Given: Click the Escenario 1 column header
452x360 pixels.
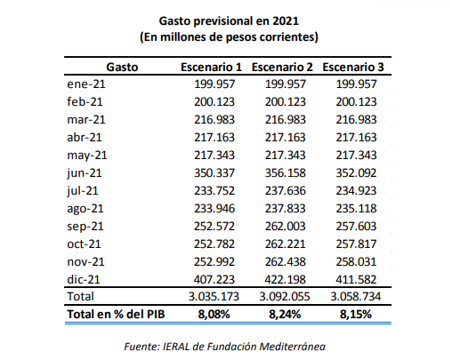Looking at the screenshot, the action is pyautogui.click(x=211, y=68).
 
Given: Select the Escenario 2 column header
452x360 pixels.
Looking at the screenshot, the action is pyautogui.click(x=282, y=68).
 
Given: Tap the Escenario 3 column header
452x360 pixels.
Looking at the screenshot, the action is pyautogui.click(x=353, y=68).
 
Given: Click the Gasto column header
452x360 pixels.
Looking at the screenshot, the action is pyautogui.click(x=122, y=68).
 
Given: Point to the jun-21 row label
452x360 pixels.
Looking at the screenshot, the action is pyautogui.click(x=85, y=173).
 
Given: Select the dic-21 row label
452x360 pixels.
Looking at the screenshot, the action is pyautogui.click(x=84, y=279).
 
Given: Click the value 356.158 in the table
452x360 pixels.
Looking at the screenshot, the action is pyautogui.click(x=285, y=173).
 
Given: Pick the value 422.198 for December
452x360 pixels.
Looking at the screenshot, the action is pyautogui.click(x=285, y=279).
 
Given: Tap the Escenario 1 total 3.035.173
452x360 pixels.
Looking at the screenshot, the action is pyautogui.click(x=214, y=296).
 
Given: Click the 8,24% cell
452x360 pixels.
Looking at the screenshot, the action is pyautogui.click(x=285, y=315).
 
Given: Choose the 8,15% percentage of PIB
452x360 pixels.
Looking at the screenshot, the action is pyautogui.click(x=356, y=315).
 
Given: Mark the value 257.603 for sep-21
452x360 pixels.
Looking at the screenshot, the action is pyautogui.click(x=356, y=227).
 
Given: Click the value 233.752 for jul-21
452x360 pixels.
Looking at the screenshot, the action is pyautogui.click(x=214, y=191).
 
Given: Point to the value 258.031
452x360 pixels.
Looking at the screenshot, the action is pyautogui.click(x=356, y=262).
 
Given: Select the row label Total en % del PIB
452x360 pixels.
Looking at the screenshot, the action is pyautogui.click(x=116, y=315).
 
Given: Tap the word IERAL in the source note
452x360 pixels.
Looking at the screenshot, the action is pyautogui.click(x=176, y=347).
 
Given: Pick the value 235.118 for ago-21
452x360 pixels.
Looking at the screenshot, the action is pyautogui.click(x=356, y=209).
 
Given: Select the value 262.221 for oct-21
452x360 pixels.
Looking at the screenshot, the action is pyautogui.click(x=285, y=244).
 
